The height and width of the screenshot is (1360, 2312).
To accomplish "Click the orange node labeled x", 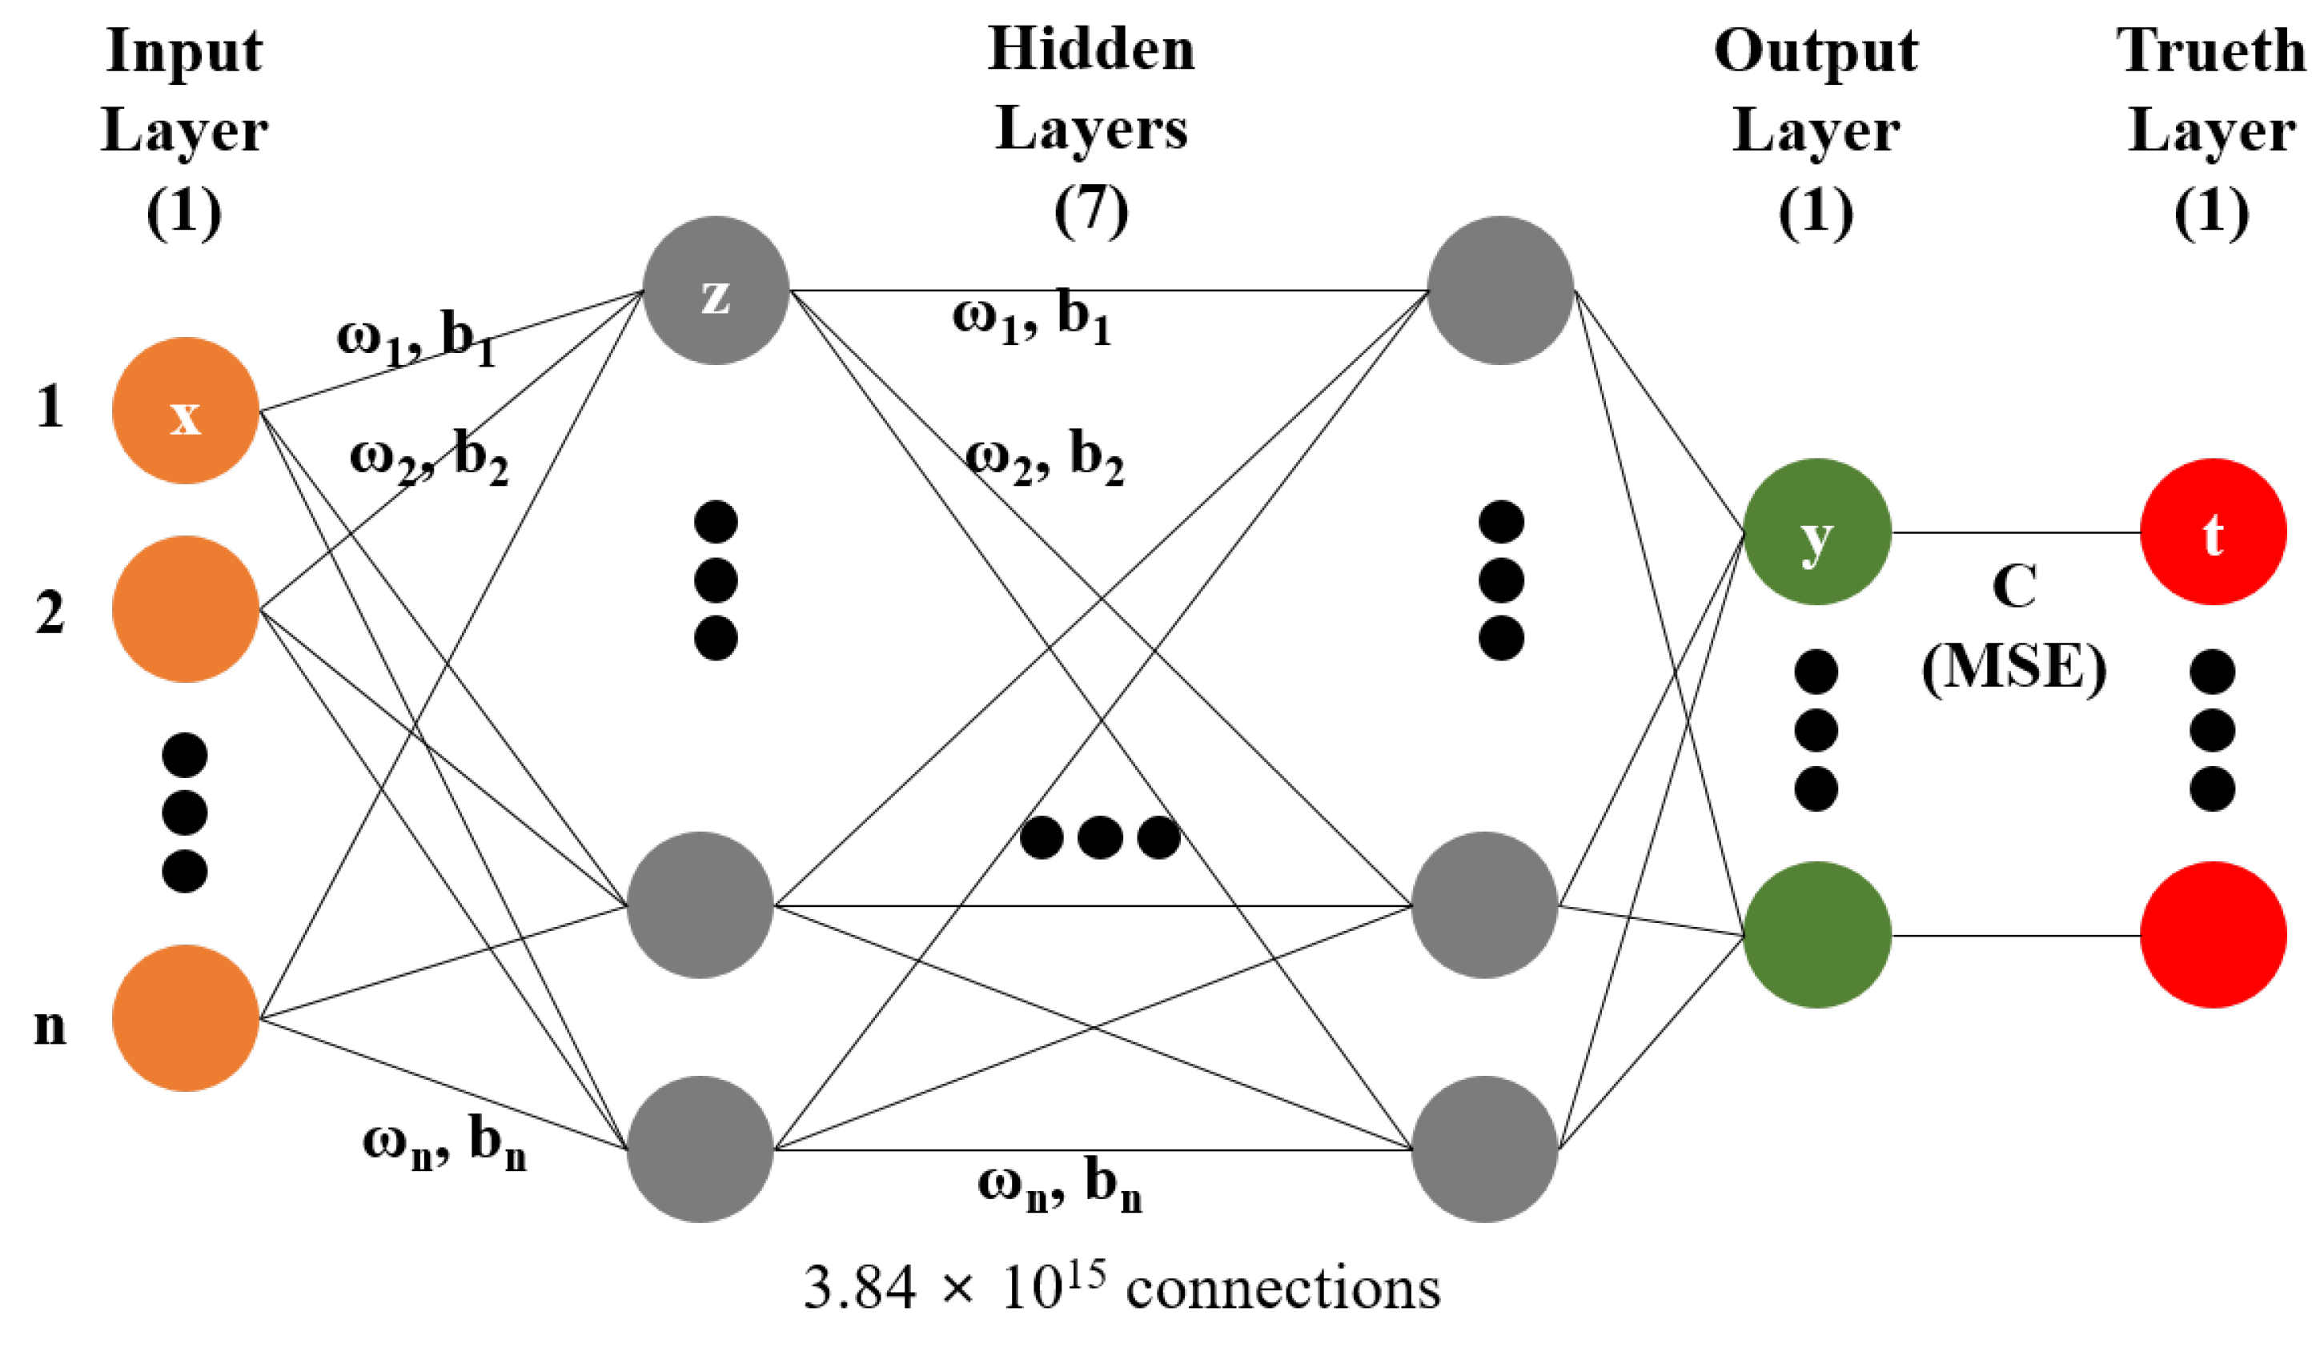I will (185, 411).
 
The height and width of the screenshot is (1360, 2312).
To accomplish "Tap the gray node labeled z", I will (716, 291).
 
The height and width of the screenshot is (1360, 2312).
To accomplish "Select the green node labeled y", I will (1816, 532).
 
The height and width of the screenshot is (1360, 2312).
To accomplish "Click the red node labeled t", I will (2213, 532).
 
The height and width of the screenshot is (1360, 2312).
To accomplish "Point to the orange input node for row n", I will (185, 1018).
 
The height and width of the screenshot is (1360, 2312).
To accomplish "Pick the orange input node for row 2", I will (185, 609).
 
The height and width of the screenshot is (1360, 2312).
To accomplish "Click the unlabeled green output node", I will (1816, 936).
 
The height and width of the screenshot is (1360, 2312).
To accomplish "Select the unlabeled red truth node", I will (2213, 936).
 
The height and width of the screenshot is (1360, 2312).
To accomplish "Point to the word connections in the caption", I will (1282, 1289).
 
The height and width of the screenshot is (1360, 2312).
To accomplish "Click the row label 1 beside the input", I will (50, 407).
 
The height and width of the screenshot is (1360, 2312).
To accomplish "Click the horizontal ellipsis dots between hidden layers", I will (1099, 837).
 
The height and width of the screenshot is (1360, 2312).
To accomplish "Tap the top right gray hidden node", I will (1501, 291).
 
